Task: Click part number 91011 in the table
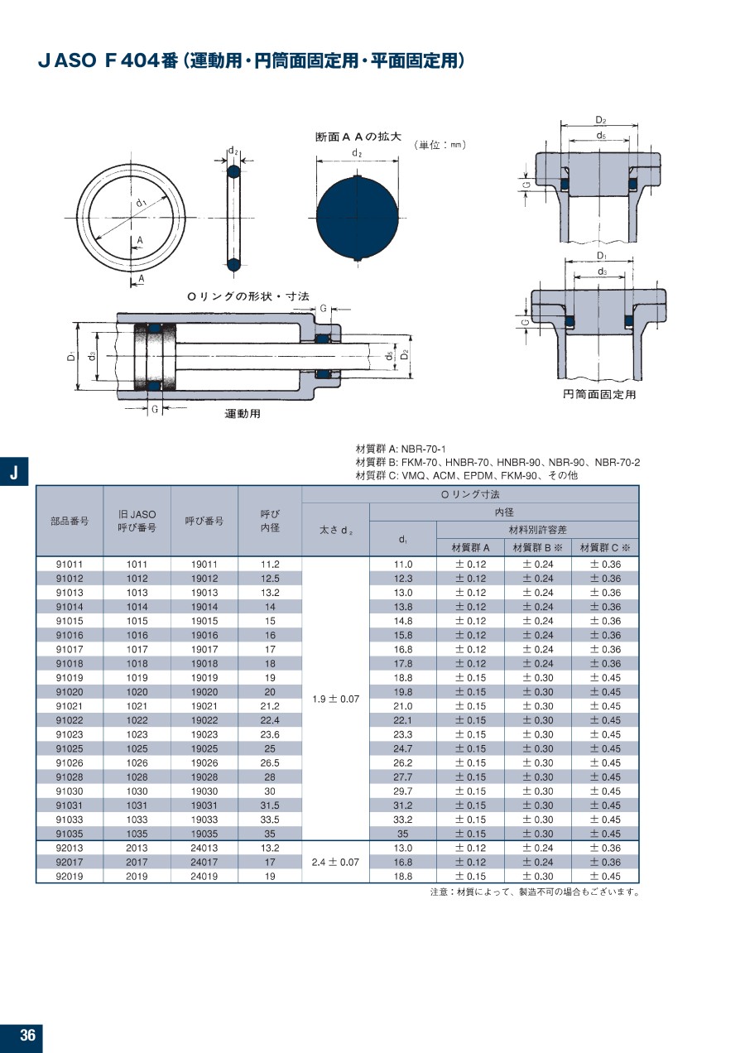pos(70,564)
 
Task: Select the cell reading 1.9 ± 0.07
pos(335,699)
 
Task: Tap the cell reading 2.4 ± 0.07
pos(335,862)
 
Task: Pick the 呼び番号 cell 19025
pos(204,748)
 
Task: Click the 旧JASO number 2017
pos(137,862)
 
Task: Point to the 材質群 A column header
pos(470,548)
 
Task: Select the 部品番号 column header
pos(70,521)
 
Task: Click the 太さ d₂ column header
pos(335,531)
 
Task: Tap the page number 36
pos(28,1035)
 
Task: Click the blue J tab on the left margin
pos(14,471)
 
